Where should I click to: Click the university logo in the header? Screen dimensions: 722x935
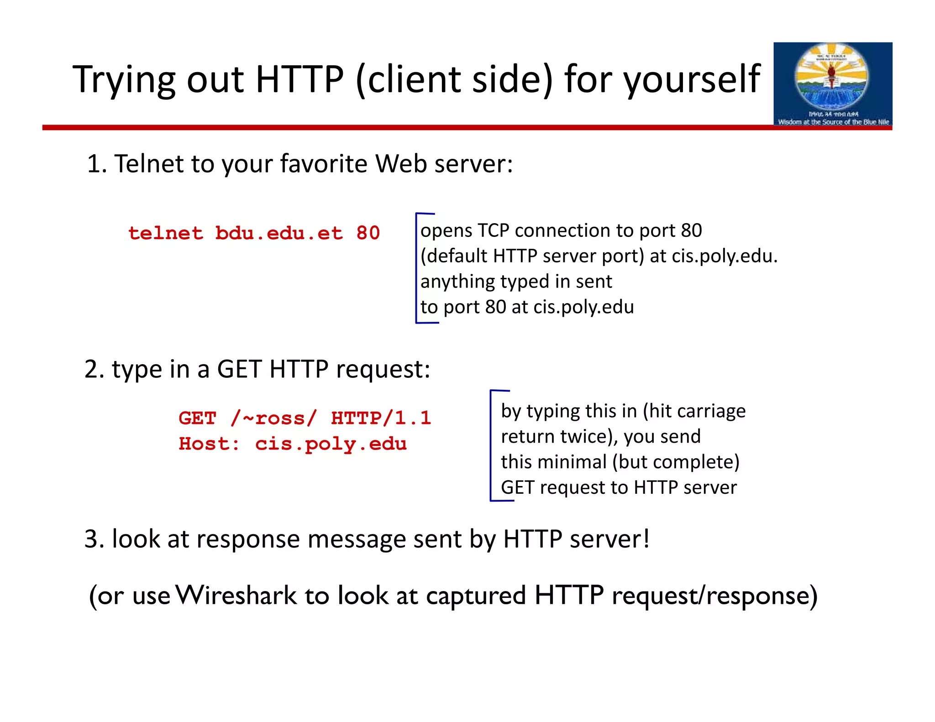[x=832, y=84]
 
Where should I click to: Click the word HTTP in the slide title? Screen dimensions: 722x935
[x=299, y=80]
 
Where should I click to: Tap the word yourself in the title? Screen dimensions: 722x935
[x=692, y=80]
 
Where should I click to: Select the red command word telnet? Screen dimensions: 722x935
[x=165, y=233]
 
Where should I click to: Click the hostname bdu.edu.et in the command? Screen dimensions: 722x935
[x=278, y=233]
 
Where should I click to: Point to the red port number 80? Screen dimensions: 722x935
[x=368, y=233]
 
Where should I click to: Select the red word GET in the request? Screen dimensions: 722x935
[x=197, y=418]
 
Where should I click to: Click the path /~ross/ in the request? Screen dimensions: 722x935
[x=273, y=418]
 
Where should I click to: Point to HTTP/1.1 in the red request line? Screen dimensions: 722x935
[x=381, y=418]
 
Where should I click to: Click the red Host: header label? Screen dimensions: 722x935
[x=209, y=444]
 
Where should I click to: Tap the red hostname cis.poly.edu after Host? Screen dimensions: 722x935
[x=331, y=444]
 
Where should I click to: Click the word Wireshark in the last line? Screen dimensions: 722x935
[x=236, y=596]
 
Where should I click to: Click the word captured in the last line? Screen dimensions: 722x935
[x=476, y=596]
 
